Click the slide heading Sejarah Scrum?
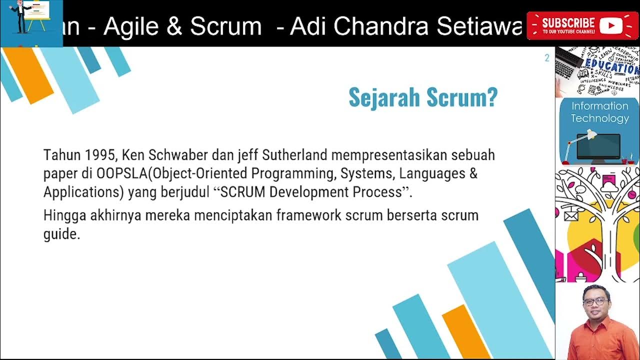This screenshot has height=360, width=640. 423,97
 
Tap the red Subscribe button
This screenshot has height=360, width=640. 582,25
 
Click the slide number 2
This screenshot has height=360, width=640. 546,58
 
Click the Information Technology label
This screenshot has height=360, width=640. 599,112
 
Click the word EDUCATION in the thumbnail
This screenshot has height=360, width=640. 610,65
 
